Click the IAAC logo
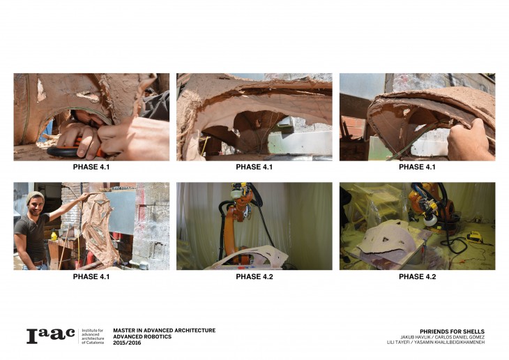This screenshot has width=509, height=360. pos(51,336)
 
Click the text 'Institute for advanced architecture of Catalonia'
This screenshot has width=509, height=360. pos(93,336)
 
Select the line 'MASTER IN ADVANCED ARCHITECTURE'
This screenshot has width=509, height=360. pos(165,331)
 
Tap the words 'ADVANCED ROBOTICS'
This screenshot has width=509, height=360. pos(142,336)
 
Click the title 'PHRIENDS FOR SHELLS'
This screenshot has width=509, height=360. pos(452,331)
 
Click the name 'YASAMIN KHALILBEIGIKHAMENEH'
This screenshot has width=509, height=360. pos(449,343)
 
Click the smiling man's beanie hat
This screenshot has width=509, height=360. pos(35,196)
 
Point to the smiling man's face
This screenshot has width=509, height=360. pos(36,207)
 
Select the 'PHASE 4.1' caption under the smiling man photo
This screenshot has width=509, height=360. pos(91,277)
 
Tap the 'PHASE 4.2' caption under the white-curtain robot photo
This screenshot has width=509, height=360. pos(254,277)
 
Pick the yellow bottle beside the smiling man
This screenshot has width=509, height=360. pos(54,235)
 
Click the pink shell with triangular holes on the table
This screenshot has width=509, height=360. pos(386,237)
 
